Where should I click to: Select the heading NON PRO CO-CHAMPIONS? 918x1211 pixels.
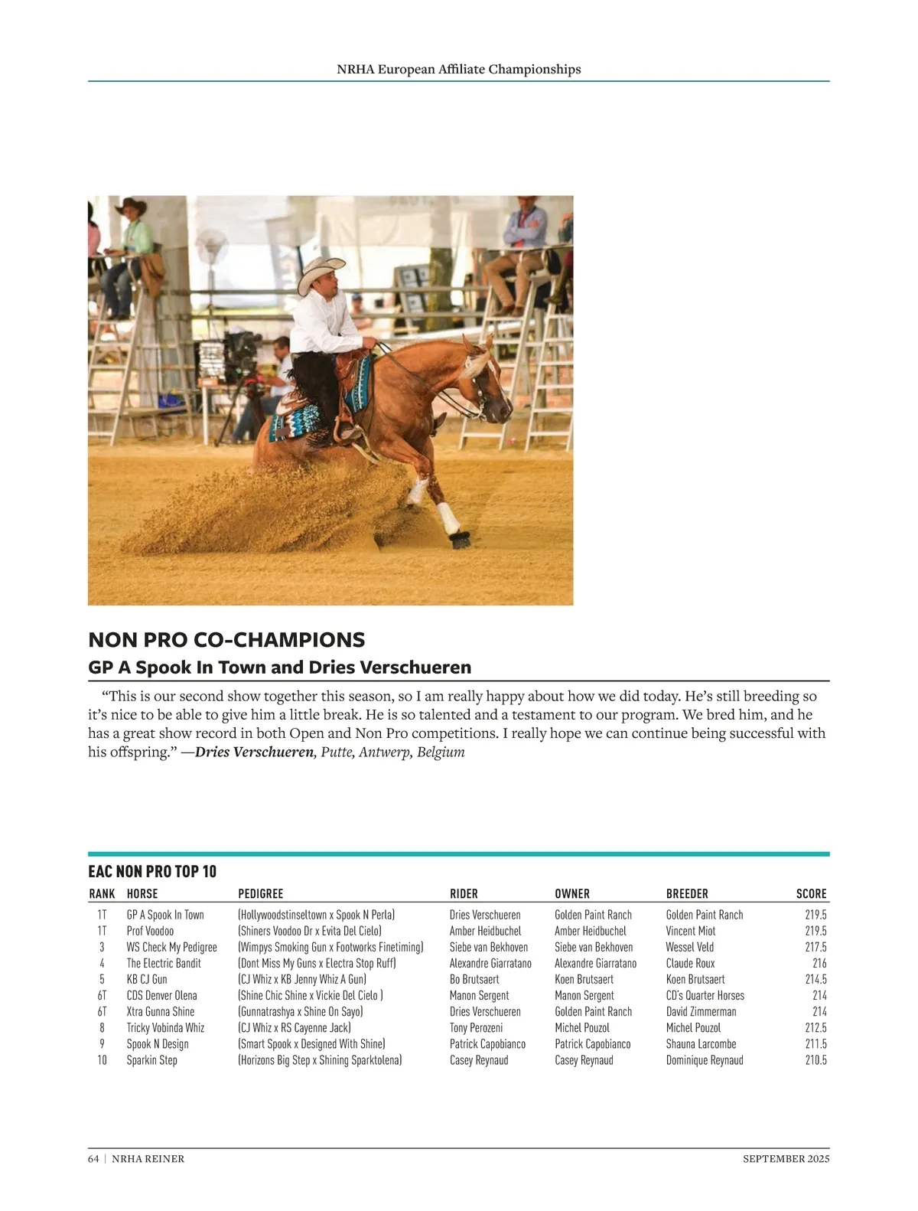[x=226, y=640]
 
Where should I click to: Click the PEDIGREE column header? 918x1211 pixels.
[x=260, y=893]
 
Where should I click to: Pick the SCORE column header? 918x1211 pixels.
[x=811, y=893]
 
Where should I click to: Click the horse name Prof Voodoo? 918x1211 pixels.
[x=150, y=931]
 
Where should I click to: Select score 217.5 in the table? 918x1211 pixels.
[x=815, y=947]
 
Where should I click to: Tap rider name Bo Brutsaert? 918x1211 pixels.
[x=474, y=979]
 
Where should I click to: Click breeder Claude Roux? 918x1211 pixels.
[x=690, y=963]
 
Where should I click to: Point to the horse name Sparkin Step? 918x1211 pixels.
[x=151, y=1060]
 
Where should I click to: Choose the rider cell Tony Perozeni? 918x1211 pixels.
[x=476, y=1027]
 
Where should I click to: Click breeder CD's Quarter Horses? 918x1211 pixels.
[x=705, y=995]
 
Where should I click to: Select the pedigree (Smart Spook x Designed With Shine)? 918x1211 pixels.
[x=311, y=1044]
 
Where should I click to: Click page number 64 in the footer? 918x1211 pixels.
[x=93, y=1159]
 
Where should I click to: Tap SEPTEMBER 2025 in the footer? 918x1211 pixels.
[x=786, y=1159]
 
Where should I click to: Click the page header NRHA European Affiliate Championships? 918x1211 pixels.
[x=458, y=69]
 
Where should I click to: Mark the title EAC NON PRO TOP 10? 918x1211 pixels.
[x=152, y=871]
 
